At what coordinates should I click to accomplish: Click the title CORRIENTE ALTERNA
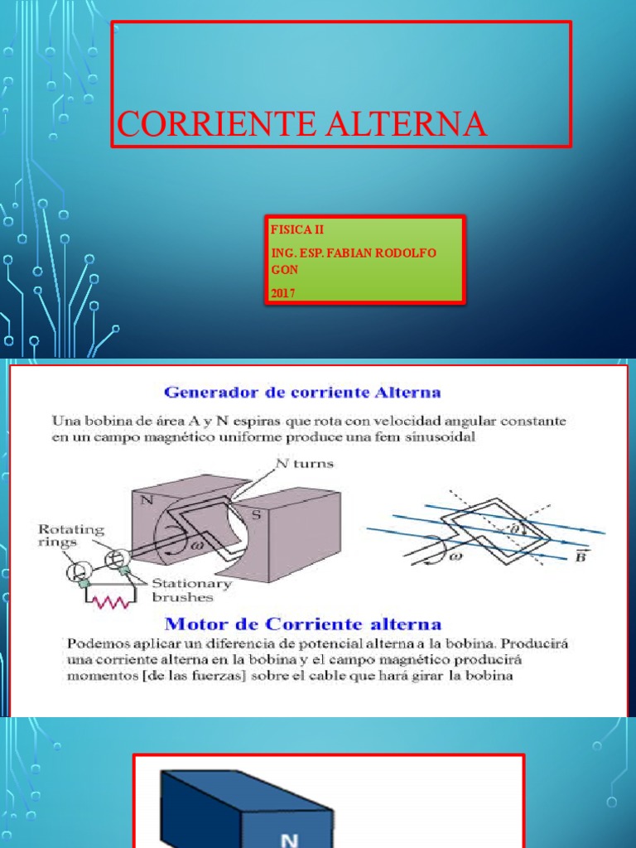point(301,123)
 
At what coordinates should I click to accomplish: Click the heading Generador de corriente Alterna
point(302,391)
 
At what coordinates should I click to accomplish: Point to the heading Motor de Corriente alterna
point(302,624)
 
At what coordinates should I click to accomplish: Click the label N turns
point(306,464)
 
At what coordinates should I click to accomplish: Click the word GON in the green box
point(282,268)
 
